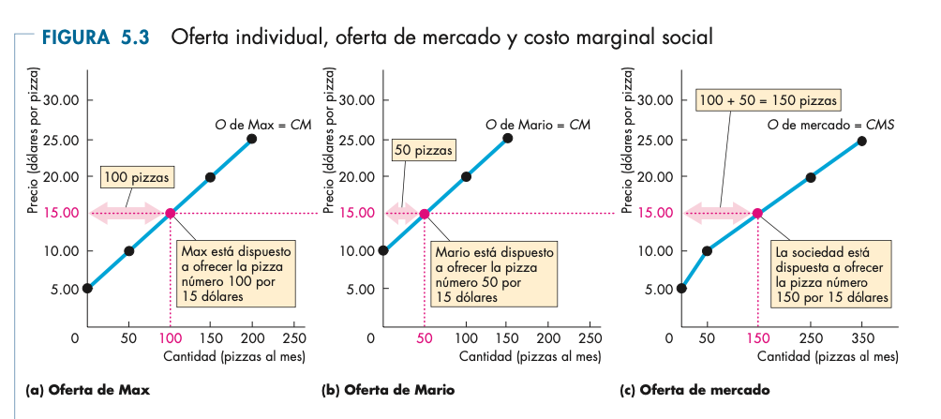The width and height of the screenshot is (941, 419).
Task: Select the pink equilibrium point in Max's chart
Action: pos(171,214)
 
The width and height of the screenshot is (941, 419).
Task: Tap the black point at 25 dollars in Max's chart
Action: pos(252,139)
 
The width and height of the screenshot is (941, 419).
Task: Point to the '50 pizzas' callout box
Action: pos(424,149)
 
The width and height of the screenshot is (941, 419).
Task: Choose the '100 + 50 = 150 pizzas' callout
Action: pos(768,99)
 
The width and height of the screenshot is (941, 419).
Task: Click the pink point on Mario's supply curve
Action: pos(424,214)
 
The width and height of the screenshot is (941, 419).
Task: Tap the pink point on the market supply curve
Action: pos(757,213)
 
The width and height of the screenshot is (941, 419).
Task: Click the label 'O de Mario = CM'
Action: pos(538,124)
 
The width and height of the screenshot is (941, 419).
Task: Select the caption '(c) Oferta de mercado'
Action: pos(695,389)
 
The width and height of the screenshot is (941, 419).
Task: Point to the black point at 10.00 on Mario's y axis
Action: pos(383,250)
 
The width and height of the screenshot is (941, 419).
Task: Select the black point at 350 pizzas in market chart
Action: pos(861,141)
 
